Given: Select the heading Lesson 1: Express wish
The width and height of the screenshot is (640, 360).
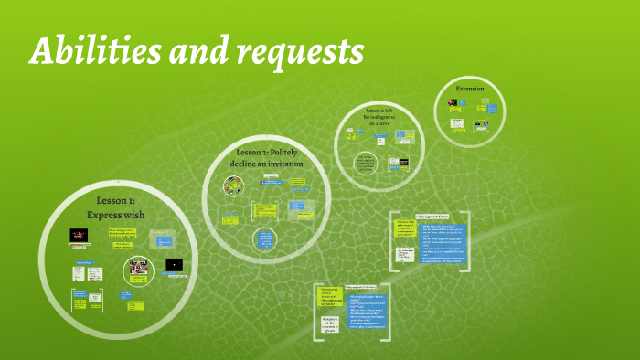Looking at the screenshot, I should [x=115, y=207].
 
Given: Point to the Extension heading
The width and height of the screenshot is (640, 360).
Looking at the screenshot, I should [x=469, y=89].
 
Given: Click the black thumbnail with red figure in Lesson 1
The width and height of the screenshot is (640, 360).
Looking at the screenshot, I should [x=80, y=236].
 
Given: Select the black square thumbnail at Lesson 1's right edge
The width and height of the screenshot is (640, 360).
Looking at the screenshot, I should [x=174, y=265].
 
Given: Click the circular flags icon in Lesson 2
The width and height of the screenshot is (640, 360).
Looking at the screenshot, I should [x=234, y=185].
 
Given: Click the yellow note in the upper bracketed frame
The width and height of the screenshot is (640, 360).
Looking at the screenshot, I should [x=405, y=228].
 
